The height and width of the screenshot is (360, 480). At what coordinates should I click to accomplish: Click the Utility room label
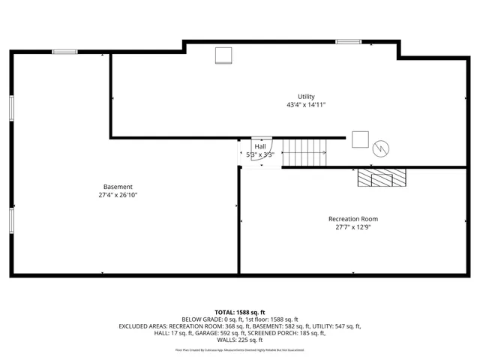point(306,97)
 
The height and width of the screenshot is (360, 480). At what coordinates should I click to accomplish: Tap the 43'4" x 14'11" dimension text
point(306,105)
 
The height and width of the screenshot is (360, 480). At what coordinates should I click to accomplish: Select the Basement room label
point(118,187)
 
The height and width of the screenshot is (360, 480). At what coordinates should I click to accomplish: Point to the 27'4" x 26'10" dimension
point(118,195)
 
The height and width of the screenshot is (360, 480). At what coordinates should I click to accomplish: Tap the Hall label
point(259,147)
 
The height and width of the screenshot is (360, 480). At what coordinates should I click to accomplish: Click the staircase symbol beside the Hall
point(304,152)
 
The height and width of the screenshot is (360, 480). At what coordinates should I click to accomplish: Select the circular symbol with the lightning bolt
point(381,148)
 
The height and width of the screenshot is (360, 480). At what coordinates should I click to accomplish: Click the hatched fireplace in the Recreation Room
point(381,178)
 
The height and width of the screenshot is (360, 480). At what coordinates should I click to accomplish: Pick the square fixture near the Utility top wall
point(223,55)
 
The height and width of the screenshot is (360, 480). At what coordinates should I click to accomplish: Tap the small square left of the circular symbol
point(360,139)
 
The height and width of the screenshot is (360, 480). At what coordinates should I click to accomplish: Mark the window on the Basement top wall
point(64,52)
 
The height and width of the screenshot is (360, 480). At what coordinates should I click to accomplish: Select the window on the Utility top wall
point(348,42)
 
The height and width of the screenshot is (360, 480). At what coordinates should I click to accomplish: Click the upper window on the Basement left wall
point(11,107)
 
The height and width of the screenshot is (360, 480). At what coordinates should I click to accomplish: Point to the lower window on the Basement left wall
point(11,220)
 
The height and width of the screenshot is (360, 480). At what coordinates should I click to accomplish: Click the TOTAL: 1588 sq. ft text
point(240,312)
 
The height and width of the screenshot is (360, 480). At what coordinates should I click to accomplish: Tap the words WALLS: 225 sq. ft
point(240,340)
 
